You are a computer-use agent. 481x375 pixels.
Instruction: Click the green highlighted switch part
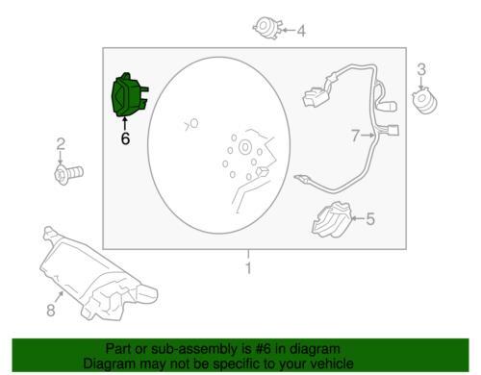pos(128,95)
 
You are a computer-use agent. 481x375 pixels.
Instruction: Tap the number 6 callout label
pos(125,138)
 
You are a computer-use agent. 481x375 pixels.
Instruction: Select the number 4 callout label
pos(301,31)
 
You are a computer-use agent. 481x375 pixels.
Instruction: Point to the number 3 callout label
pos(421,69)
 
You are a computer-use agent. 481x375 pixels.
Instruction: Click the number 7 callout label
pos(355,136)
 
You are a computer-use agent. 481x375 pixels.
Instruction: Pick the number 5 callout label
pos(370,219)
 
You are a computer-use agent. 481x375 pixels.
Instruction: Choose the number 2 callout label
pos(61,144)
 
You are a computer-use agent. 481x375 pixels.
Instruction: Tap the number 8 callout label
pos(51,310)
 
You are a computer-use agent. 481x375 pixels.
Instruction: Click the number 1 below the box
pos(248,268)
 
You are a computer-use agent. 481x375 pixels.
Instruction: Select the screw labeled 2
pos(68,174)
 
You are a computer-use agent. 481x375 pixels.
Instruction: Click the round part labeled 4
pos(268,28)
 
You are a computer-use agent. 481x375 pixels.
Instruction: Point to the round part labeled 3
pos(425,100)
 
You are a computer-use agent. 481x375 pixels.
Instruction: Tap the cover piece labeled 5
pos(332,219)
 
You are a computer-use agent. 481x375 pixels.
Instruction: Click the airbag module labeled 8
pos(96,275)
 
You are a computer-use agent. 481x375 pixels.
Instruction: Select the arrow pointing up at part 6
pos(125,124)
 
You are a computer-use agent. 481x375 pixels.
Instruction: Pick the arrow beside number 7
pos(367,136)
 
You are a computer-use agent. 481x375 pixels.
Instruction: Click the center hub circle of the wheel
pos(244,147)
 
